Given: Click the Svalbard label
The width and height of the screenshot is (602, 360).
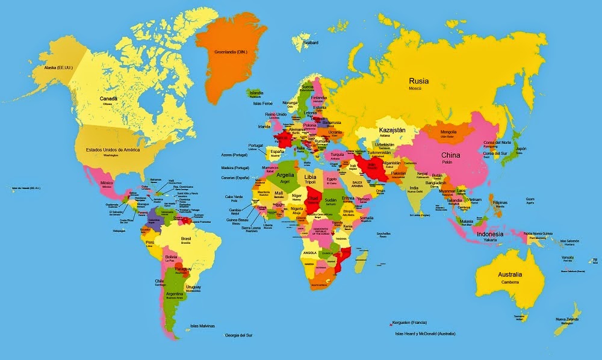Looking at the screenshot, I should click(311, 43).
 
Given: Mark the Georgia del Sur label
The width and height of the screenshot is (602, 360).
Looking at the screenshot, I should click(238, 335).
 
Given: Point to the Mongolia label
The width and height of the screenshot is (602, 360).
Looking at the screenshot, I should click(448, 132).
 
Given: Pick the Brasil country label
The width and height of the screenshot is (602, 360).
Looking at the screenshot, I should click(186, 238).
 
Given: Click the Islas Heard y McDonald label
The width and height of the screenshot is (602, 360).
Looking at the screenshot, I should click(425, 333).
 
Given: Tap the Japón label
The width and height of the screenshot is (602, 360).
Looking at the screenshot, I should click(521, 148).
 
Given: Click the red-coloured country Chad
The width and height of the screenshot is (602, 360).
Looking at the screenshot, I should click(313, 202).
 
